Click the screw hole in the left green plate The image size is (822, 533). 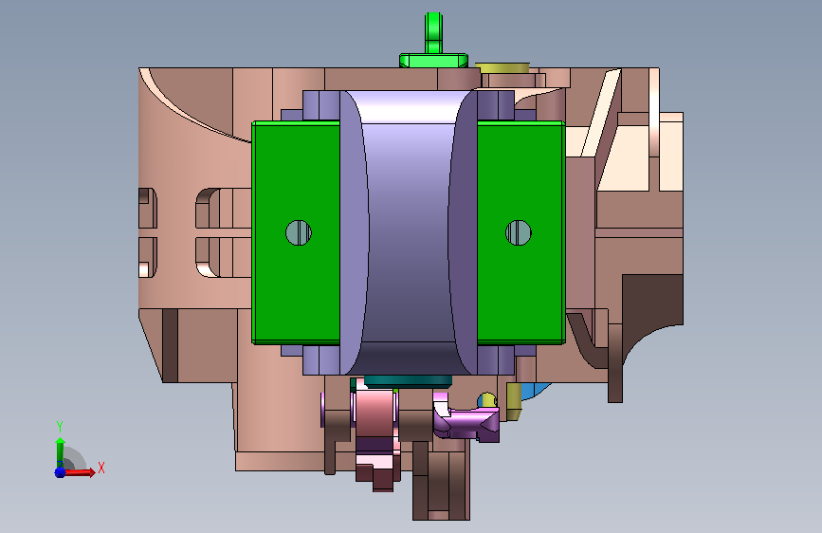[299, 232]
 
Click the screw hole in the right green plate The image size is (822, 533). [519, 232]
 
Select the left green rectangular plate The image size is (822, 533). [296, 233]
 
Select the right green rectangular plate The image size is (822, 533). [521, 233]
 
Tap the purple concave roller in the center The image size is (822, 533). [409, 232]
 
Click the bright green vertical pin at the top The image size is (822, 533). [433, 32]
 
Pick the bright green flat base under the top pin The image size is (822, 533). [433, 61]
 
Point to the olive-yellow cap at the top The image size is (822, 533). [502, 67]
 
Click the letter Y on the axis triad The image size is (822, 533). [60, 427]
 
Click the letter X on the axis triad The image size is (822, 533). [101, 468]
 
